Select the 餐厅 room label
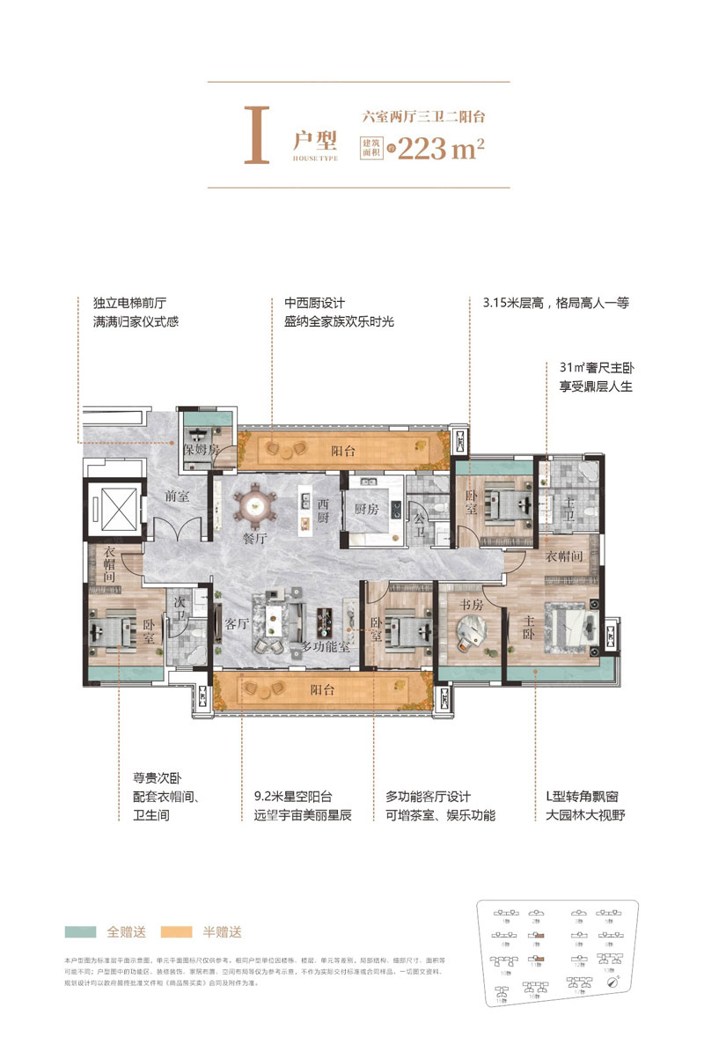(253, 539)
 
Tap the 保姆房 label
(199, 448)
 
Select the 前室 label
(176, 496)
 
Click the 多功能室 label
(327, 646)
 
